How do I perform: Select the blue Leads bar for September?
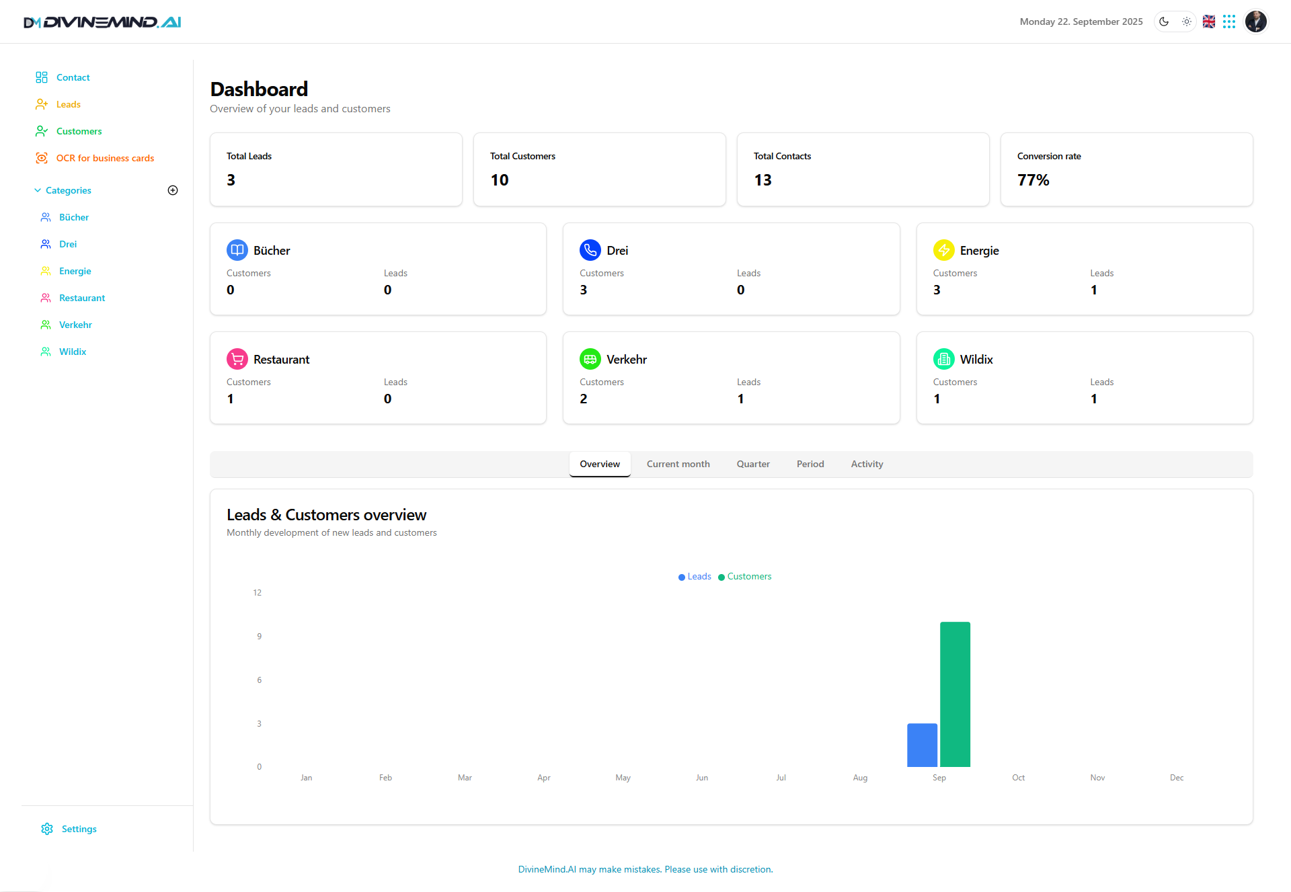pyautogui.click(x=922, y=745)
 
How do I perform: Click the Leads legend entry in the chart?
pyautogui.click(x=695, y=577)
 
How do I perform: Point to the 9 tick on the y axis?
pyautogui.click(x=259, y=636)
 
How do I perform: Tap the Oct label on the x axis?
pyautogui.click(x=1018, y=778)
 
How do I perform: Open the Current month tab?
pyautogui.click(x=678, y=464)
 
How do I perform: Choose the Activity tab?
pyautogui.click(x=867, y=464)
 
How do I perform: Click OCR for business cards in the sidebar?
pyautogui.click(x=105, y=158)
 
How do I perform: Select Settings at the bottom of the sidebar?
pyautogui.click(x=79, y=829)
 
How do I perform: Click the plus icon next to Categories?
pyautogui.click(x=173, y=190)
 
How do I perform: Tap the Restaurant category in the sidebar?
pyautogui.click(x=82, y=298)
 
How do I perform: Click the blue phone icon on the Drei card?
pyautogui.click(x=590, y=250)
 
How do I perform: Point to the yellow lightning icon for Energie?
pyautogui.click(x=943, y=250)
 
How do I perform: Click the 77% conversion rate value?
pyautogui.click(x=1033, y=180)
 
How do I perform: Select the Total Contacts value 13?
pyautogui.click(x=762, y=180)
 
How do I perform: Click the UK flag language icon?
pyautogui.click(x=1208, y=22)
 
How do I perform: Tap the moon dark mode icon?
pyautogui.click(x=1164, y=22)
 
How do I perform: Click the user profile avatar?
pyautogui.click(x=1255, y=22)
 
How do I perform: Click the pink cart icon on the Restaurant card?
pyautogui.click(x=237, y=359)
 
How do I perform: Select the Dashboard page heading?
pyautogui.click(x=259, y=89)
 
